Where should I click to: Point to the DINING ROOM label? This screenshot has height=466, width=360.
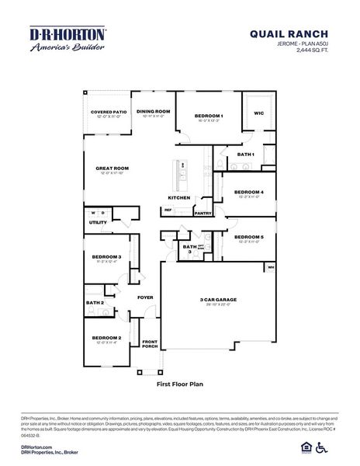point(153,111)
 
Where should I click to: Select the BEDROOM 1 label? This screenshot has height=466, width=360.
point(209,116)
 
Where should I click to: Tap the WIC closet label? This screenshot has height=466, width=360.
point(258,113)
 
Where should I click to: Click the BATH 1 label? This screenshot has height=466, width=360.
point(246,155)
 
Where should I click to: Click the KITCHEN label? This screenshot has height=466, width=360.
point(179,197)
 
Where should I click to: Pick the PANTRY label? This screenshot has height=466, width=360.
point(203,213)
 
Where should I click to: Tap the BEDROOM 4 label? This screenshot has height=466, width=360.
point(249,192)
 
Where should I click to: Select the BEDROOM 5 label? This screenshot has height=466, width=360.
point(249,236)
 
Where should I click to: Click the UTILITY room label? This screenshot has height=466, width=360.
point(98,222)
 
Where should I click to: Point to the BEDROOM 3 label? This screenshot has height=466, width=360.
point(106,256)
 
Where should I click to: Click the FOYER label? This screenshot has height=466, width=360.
point(145,297)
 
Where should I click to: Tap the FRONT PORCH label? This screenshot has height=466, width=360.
point(149,344)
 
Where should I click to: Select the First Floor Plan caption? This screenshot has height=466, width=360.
point(179,383)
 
